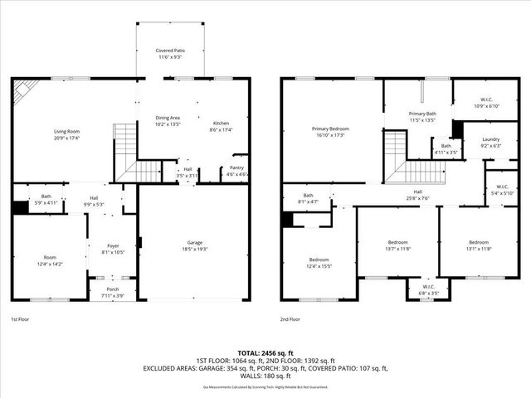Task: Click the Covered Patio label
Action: (x=169, y=51)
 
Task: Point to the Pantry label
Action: (x=237, y=168)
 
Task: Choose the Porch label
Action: (x=111, y=289)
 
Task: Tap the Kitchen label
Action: (x=220, y=124)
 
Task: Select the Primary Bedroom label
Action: (x=330, y=129)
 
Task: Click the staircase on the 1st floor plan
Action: (x=134, y=158)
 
